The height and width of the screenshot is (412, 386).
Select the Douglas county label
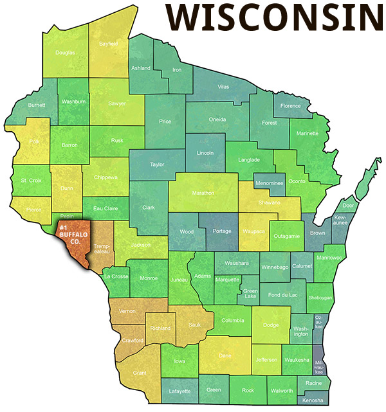65,53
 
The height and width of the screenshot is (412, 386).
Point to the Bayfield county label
109,44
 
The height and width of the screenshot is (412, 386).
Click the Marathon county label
204,193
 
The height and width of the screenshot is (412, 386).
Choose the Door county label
349,206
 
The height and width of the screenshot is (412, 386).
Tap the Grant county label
138,373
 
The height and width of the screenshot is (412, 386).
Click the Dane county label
225,355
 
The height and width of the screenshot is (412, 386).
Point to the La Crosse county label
116,276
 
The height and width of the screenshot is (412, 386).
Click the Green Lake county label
251,294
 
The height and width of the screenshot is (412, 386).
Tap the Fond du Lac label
283,295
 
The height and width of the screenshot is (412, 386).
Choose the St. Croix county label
31,181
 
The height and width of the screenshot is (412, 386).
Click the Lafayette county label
179,391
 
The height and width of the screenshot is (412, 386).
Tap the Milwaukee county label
318,367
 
